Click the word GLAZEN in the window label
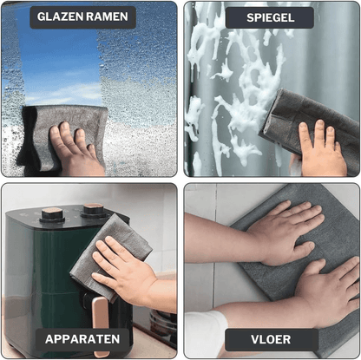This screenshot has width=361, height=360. [x=60, y=16]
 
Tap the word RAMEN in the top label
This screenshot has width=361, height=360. [x=107, y=16]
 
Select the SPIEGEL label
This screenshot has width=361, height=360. [x=270, y=17]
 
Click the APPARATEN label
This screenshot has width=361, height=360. [x=82, y=339]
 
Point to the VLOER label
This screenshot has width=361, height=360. [x=271, y=339]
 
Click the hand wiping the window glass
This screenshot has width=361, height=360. [x=75, y=149]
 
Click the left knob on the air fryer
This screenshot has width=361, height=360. [x=52, y=214]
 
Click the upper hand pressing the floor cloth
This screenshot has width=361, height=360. [x=285, y=232]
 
